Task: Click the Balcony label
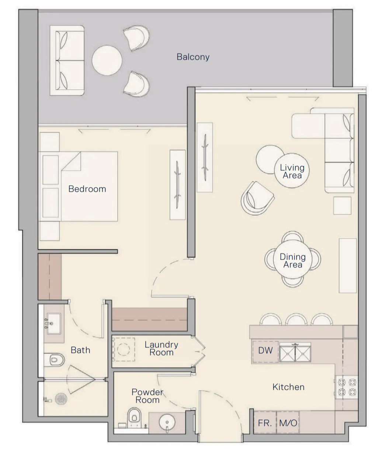[193, 57]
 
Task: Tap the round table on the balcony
[107, 60]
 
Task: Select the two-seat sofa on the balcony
[70, 60]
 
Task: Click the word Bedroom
[87, 189]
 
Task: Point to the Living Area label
[292, 172]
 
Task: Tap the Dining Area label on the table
[293, 260]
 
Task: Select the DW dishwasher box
[265, 350]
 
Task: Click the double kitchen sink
[295, 353]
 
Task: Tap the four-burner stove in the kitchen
[347, 387]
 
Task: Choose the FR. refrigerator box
[265, 423]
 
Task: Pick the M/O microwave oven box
[288, 423]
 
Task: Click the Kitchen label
[288, 387]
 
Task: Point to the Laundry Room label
[161, 349]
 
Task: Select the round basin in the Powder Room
[167, 422]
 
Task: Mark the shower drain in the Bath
[60, 399]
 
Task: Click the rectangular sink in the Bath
[54, 323]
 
